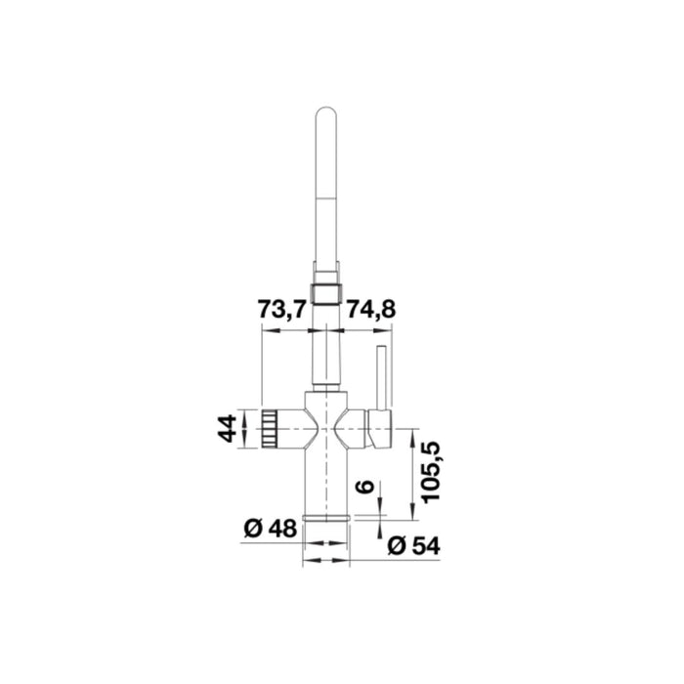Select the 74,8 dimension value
pyautogui.click(x=370, y=310)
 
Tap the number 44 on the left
pyautogui.click(x=228, y=428)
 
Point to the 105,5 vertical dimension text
pyautogui.click(x=431, y=469)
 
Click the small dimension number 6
pyautogui.click(x=363, y=486)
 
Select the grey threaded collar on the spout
pyautogui.click(x=324, y=290)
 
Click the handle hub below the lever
pyautogui.click(x=379, y=427)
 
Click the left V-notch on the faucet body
pyautogui.click(x=307, y=427)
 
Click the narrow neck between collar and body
pyautogui.click(x=324, y=357)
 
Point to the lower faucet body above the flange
pyautogui.click(x=324, y=479)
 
